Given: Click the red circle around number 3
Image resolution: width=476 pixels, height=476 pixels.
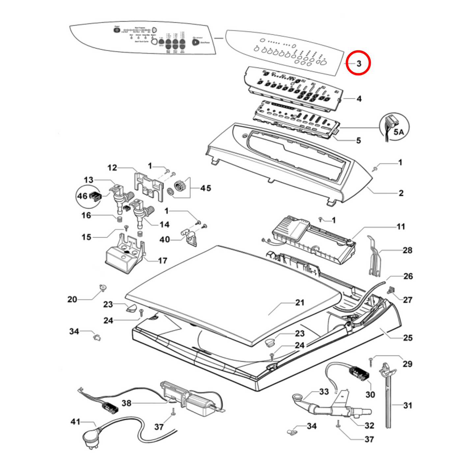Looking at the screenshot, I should pyautogui.click(x=358, y=63).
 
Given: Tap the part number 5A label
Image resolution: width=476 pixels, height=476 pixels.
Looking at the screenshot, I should pyautogui.click(x=399, y=132).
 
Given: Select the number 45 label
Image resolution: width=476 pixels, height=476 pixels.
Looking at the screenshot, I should pyautogui.click(x=206, y=188).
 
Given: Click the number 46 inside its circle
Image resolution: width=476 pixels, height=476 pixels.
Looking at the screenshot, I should pyautogui.click(x=82, y=196).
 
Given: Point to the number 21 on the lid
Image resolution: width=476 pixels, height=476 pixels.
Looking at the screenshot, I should pyautogui.click(x=300, y=302).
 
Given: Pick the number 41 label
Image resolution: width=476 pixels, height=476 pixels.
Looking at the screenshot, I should pyautogui.click(x=75, y=422).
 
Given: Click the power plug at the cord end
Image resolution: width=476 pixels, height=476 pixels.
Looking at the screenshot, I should pyautogui.click(x=91, y=437).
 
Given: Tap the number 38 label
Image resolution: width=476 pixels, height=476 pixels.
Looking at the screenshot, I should pyautogui.click(x=126, y=403).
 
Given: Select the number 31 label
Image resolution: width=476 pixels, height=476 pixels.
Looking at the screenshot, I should pyautogui.click(x=407, y=405).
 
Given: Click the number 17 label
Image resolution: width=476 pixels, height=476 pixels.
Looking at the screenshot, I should pyautogui.click(x=162, y=261).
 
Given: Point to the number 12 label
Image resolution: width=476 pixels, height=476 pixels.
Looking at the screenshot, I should pyautogui.click(x=112, y=168).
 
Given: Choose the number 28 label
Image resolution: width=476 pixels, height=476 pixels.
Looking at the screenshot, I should pyautogui.click(x=407, y=250).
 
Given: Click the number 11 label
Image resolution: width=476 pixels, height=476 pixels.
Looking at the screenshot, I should pyautogui.click(x=401, y=227).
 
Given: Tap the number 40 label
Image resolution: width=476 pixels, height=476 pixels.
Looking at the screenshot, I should pyautogui.click(x=165, y=239).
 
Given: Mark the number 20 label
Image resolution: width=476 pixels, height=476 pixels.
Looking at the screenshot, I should pyautogui.click(x=72, y=299).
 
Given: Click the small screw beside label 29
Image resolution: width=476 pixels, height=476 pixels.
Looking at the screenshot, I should pyautogui.click(x=371, y=361).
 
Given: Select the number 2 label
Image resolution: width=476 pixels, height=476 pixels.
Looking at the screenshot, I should pyautogui.click(x=401, y=193).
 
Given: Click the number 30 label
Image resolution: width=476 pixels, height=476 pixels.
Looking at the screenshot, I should pyautogui.click(x=370, y=394).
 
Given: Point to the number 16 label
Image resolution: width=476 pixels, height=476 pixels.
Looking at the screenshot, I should pyautogui.click(x=86, y=215).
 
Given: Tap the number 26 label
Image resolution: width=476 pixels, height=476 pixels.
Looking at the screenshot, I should pyautogui.click(x=408, y=276).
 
